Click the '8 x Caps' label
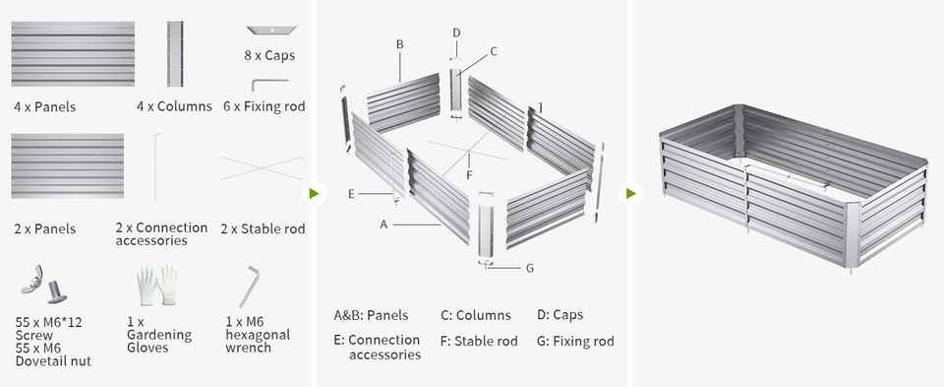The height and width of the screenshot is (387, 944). click(x=269, y=55)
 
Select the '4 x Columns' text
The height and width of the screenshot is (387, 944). click(x=174, y=106)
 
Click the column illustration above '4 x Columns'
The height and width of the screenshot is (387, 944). click(x=175, y=54)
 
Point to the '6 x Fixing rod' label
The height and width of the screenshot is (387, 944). click(x=264, y=106)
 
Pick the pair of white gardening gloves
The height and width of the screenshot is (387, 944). click(x=156, y=286)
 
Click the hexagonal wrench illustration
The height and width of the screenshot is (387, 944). click(x=249, y=287)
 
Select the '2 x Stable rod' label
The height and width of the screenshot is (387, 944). click(x=263, y=229)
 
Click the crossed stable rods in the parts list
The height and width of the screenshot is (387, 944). click(x=262, y=168)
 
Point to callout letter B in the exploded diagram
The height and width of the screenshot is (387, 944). click(x=400, y=44)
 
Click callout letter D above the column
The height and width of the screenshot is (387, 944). click(x=456, y=32)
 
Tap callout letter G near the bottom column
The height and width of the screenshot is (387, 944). click(x=530, y=268)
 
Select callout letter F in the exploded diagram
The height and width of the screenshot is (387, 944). click(x=470, y=176)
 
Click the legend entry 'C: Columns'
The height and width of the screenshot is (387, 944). click(x=476, y=315)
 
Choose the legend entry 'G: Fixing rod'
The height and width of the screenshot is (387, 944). click(x=575, y=341)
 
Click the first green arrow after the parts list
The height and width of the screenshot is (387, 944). click(x=314, y=193)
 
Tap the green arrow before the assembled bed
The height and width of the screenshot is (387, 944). click(x=631, y=193)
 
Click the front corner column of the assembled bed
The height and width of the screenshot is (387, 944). click(x=852, y=235)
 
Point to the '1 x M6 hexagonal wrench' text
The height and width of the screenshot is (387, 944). click(x=258, y=335)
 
